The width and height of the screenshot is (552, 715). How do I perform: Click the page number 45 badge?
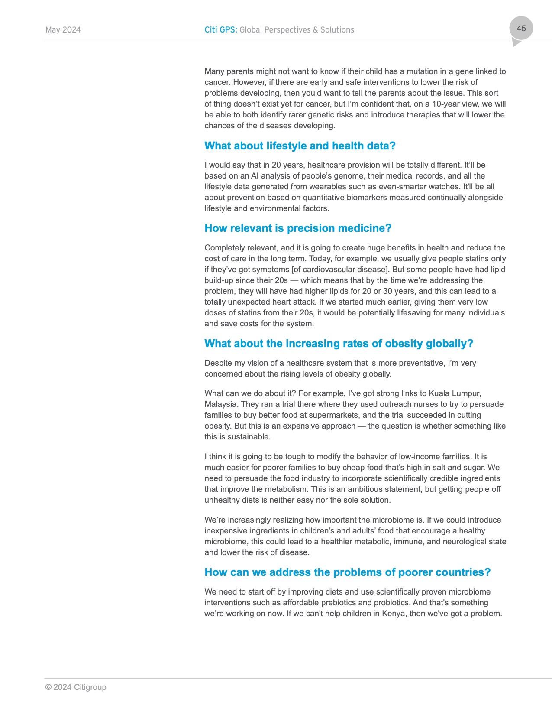[x=521, y=29]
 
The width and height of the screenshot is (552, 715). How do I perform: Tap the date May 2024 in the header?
[x=63, y=30]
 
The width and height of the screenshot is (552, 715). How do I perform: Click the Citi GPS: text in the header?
[x=221, y=30]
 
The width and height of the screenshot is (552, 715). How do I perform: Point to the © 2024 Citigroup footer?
[x=76, y=687]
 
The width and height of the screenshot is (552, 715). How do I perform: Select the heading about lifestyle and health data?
[x=300, y=146]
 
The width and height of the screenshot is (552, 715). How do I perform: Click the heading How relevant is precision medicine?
[x=298, y=228]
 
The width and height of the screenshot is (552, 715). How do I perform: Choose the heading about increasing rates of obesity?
[x=339, y=344]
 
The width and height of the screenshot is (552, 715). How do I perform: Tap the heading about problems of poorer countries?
[x=347, y=572]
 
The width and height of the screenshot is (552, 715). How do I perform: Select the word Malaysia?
[x=220, y=404]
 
